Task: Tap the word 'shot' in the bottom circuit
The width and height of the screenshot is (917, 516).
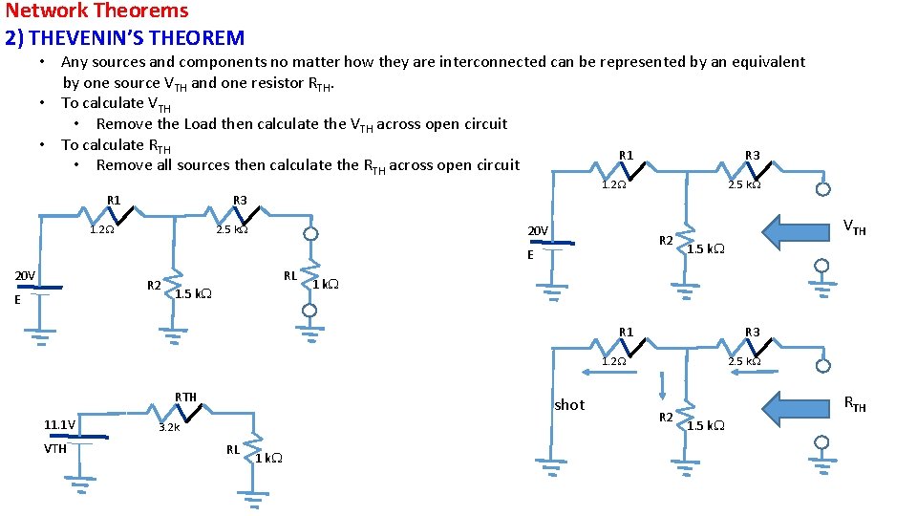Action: tap(569, 405)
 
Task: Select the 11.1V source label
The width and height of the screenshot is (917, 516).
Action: tap(61, 424)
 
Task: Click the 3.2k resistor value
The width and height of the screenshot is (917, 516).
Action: tap(168, 428)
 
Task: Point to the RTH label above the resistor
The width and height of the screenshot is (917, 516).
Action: tap(185, 397)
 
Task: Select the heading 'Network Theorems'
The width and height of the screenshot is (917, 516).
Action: tap(96, 11)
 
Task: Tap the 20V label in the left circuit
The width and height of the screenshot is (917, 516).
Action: tap(25, 276)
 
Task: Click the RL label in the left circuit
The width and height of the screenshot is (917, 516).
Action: tap(289, 276)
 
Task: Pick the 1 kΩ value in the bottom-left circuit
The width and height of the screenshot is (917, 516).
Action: tap(268, 458)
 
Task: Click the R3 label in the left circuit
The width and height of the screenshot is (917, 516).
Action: tap(240, 200)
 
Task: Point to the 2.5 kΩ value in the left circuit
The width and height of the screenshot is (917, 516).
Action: tap(231, 229)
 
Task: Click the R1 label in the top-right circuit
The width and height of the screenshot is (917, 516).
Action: tap(626, 155)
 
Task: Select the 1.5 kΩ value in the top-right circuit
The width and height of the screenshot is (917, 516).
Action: tap(706, 249)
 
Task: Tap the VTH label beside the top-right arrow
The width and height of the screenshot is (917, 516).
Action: tap(853, 228)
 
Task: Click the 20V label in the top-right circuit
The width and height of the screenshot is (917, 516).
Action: tap(538, 231)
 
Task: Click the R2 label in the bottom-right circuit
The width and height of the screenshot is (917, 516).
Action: tap(666, 417)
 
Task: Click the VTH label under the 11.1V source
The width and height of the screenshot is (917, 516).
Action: tap(55, 448)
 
